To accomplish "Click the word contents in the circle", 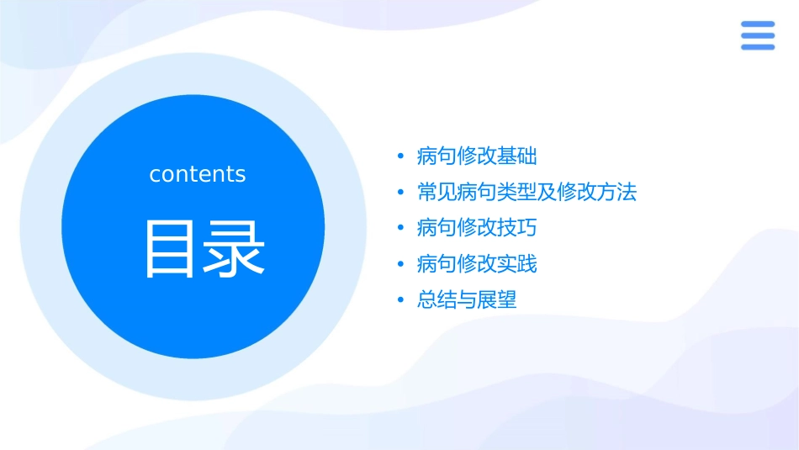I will tap(198, 174).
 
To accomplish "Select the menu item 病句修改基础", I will tap(477, 156).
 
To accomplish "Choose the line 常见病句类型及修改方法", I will tap(526, 193).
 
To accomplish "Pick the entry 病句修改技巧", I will tap(477, 228).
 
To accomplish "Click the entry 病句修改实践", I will tap(477, 264).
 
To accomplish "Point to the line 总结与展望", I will tap(467, 300).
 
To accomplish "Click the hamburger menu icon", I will tap(758, 35).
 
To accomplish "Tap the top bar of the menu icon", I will tap(758, 24).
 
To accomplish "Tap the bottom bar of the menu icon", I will tap(758, 47).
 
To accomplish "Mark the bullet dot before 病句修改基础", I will tap(401, 156).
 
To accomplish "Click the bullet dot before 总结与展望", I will tap(401, 300).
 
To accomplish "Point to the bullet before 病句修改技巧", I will tap(401, 228).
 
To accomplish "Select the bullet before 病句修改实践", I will tap(401, 264).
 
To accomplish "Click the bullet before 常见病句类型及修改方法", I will tap(401, 193).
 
